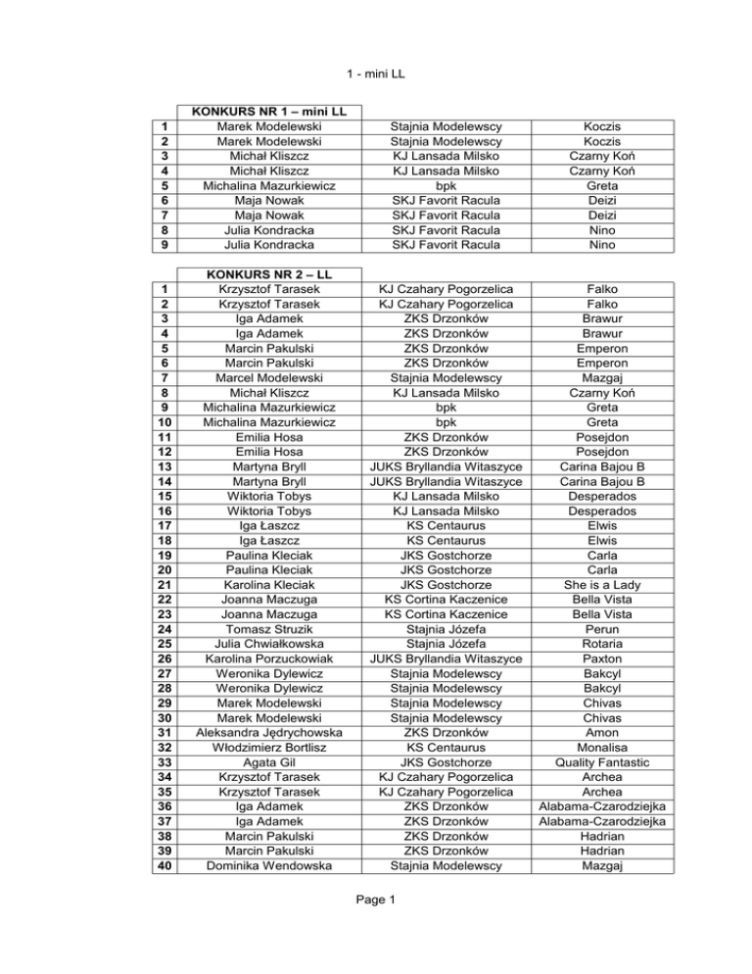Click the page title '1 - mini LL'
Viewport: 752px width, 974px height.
(376, 72)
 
